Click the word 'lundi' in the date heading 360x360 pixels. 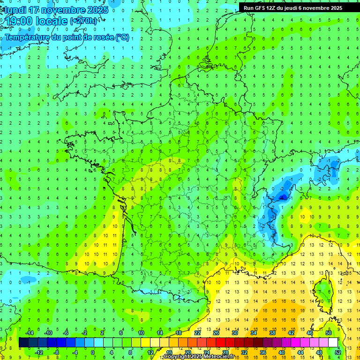[x=15, y=10]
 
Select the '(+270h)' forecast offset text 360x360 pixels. [x=84, y=21]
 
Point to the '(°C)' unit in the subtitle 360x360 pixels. [x=121, y=37]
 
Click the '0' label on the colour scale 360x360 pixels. [x=93, y=352]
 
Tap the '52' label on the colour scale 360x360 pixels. [x=338, y=352]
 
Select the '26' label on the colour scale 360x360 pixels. [x=216, y=333]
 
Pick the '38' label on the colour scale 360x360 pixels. [x=272, y=333]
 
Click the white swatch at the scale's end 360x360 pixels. [x=333, y=342]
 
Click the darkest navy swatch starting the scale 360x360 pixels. [x=24, y=342]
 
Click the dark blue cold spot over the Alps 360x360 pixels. [x=282, y=197]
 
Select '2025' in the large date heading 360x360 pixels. [x=97, y=10]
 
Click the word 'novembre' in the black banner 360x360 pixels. [x=325, y=8]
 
